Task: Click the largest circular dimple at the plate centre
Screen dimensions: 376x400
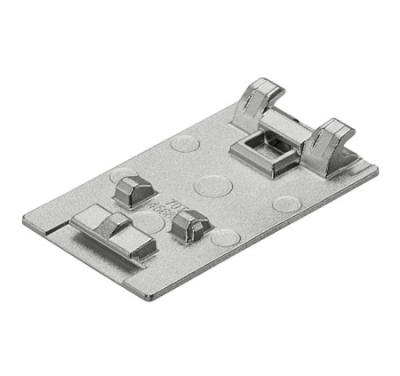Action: tap(212, 186)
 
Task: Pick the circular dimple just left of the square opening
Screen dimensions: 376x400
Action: tap(185, 142)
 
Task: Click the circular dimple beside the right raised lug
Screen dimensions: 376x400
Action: tap(224, 237)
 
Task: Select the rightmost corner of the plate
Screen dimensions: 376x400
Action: tap(377, 169)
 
